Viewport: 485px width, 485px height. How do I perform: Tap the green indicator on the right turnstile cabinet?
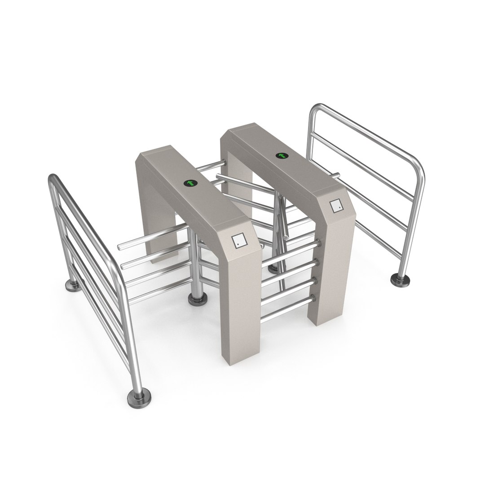282,155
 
